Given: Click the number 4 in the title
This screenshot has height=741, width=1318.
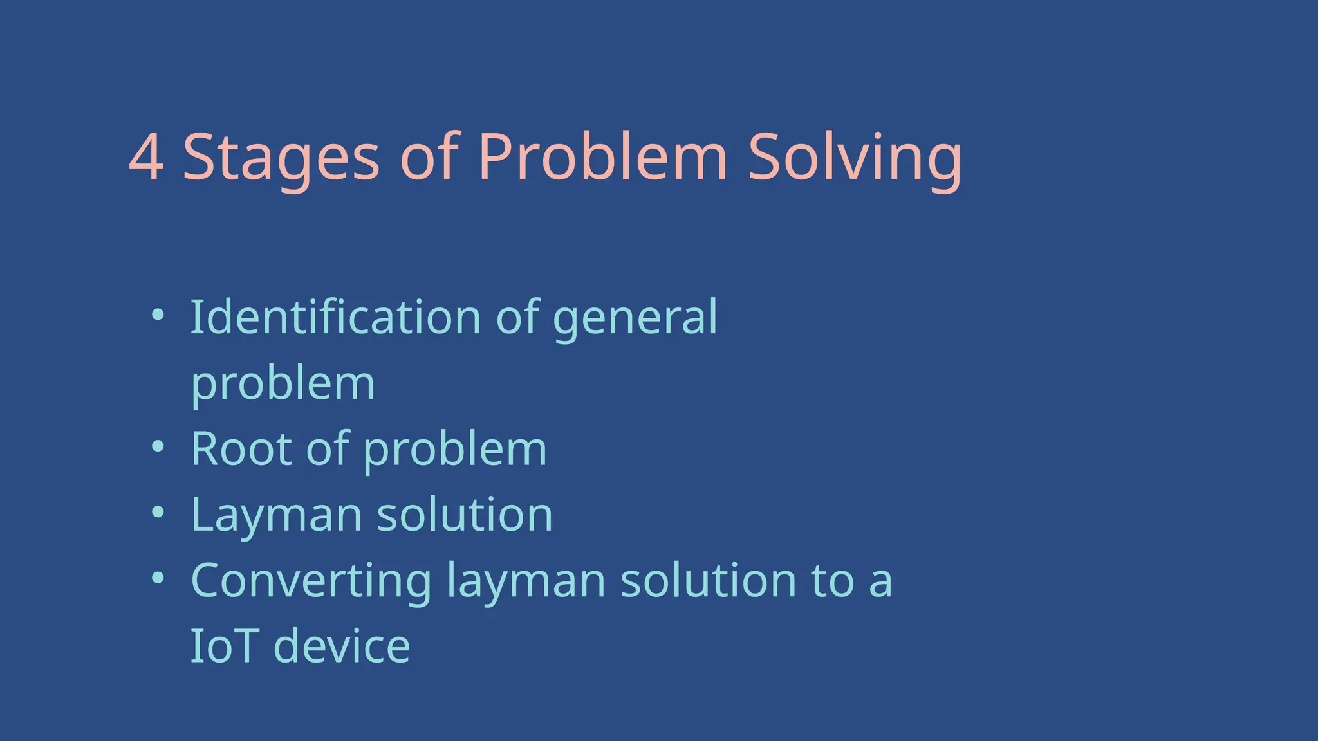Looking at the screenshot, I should click(x=146, y=158).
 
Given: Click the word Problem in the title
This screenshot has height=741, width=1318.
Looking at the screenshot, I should click(x=602, y=158).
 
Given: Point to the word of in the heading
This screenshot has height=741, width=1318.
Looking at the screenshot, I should click(x=429, y=158).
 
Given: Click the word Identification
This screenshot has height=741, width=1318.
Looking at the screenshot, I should click(x=335, y=317).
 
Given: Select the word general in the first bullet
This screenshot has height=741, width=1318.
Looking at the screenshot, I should click(x=635, y=319).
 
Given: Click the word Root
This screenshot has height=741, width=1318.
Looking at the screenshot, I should click(x=241, y=449).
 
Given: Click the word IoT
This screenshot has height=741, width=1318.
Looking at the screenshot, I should click(x=225, y=646).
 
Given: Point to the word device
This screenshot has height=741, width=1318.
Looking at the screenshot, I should click(x=342, y=646).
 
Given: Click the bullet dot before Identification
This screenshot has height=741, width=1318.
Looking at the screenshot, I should click(x=158, y=315).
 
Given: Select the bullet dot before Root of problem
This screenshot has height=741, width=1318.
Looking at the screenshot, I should click(x=158, y=446).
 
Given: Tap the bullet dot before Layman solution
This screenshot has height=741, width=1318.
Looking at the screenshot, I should click(x=158, y=512).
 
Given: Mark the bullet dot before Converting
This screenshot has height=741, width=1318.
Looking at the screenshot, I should click(x=158, y=578).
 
